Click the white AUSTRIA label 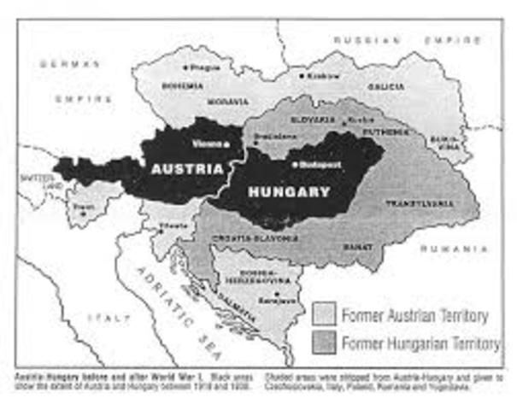pos(187,169)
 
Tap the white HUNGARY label pos(288,192)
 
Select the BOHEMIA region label pos(187,86)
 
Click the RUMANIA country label pos(452,248)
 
